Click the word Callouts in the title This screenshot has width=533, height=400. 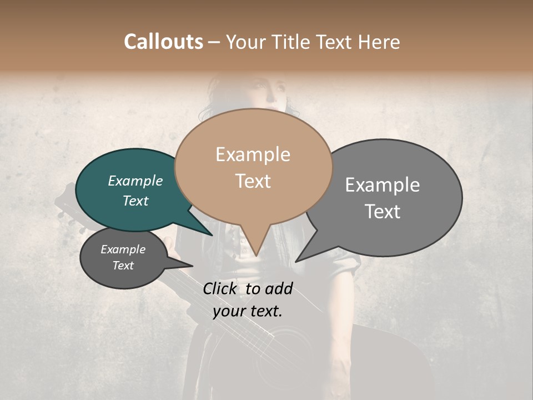click(x=163, y=42)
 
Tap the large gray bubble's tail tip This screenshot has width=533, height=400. click(x=296, y=261)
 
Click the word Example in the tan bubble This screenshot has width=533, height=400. click(x=253, y=154)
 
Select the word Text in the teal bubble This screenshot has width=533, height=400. click(x=135, y=201)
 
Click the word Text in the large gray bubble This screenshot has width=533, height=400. click(x=383, y=212)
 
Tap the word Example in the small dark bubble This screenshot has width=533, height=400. click(x=123, y=249)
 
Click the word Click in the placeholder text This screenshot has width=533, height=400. click(x=222, y=288)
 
